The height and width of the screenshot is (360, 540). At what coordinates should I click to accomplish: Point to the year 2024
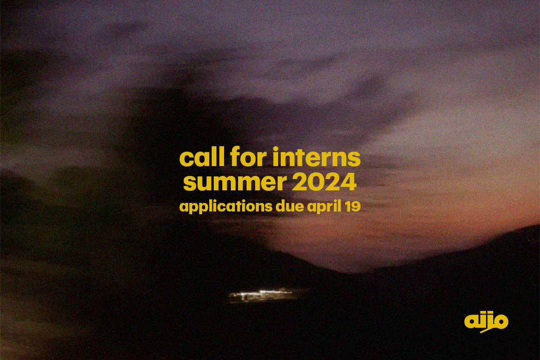324,182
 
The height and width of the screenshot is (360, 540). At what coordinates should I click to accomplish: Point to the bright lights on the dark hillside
261,294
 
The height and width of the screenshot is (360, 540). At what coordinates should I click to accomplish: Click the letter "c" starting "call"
186,160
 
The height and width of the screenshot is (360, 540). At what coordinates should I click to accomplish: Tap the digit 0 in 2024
316,182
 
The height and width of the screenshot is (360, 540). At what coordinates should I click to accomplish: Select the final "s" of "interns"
355,160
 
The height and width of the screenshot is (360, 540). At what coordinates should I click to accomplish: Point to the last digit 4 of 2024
348,183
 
